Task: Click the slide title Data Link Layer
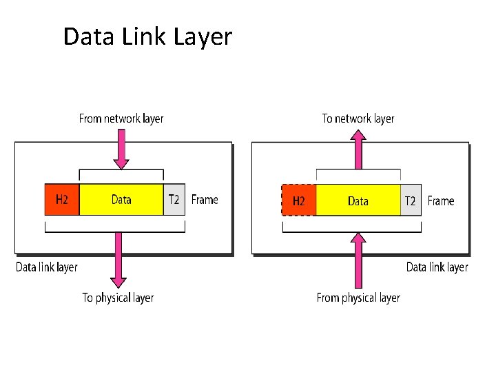pos(147,37)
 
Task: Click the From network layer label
pos(121,118)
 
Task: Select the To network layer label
pos(358,118)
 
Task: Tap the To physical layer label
pos(118,298)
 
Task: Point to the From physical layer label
pos(358,298)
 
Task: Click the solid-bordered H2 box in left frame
pos(62,200)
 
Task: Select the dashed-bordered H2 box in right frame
pos(298,200)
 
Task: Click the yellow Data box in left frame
pos(121,200)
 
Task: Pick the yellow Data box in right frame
pos(358,200)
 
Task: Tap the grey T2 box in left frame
pos(174,200)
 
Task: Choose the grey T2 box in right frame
pos(411,200)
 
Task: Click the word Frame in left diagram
pos(205,200)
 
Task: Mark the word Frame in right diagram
pos(441,200)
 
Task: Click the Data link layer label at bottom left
pos(47,267)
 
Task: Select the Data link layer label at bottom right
pos(437,267)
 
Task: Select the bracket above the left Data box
pos(121,171)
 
